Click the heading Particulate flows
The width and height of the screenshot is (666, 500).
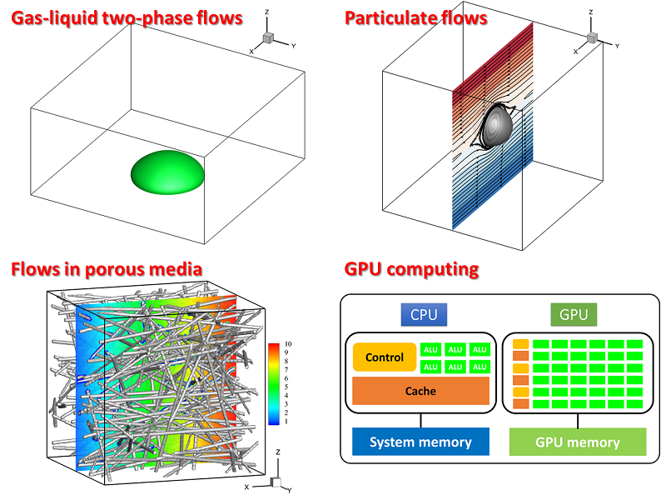[x=416, y=17]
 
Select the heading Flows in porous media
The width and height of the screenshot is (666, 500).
[x=106, y=268]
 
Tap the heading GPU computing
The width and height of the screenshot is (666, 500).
[x=411, y=268]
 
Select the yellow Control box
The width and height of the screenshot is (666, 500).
[x=385, y=357]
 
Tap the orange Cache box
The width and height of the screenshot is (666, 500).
[x=420, y=391]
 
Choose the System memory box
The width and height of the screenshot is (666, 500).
[x=420, y=442]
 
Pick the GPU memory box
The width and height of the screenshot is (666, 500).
[x=577, y=442]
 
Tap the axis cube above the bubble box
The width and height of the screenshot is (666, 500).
[x=268, y=38]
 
